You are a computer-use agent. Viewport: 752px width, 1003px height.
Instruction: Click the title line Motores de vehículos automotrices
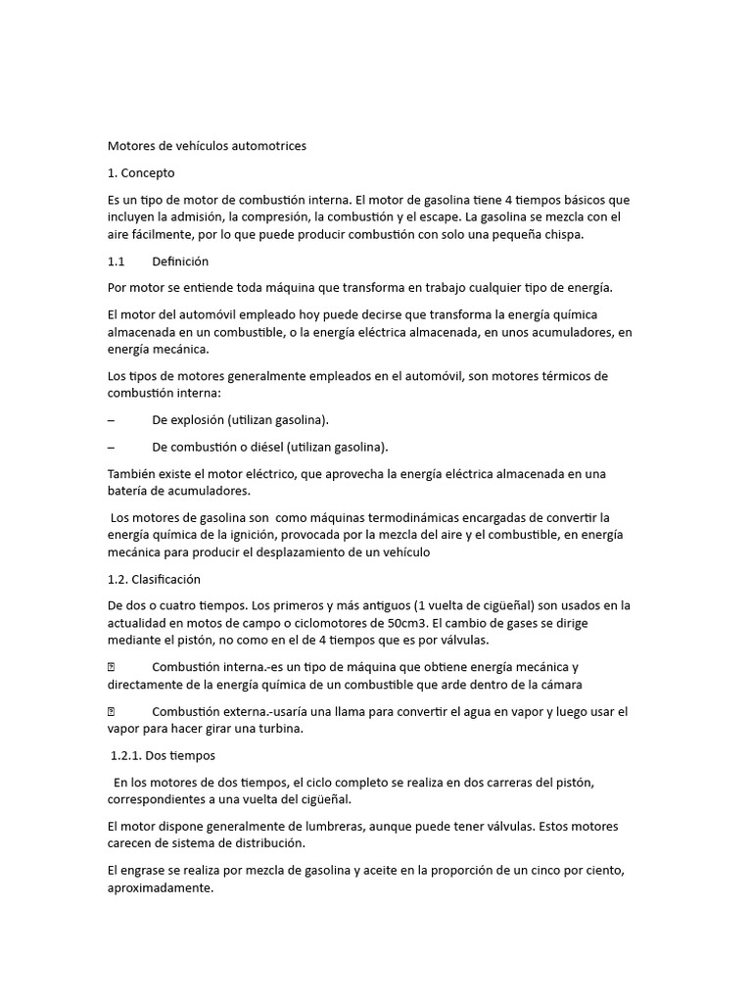(x=207, y=146)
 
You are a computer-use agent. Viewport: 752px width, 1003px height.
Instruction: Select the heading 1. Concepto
(x=141, y=173)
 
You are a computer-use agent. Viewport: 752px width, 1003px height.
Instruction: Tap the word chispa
(x=560, y=235)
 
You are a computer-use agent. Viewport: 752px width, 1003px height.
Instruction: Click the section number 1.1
(x=117, y=262)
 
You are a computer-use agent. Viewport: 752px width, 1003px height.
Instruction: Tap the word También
(x=133, y=474)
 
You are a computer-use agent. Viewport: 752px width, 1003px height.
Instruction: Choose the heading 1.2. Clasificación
(x=154, y=579)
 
